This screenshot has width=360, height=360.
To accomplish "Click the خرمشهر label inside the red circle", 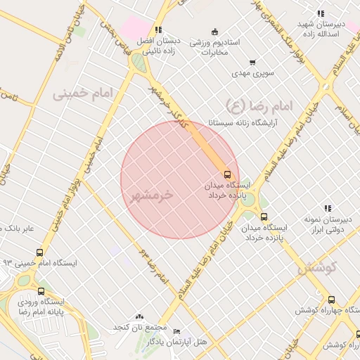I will coord(151,195).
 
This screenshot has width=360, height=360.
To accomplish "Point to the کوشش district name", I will coord(318,266).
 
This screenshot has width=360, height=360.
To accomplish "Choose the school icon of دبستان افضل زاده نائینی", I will coord(158,30).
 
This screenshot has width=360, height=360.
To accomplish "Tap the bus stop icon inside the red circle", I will coord(227,173).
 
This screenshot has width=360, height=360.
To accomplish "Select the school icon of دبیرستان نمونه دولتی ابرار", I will coord(327,208).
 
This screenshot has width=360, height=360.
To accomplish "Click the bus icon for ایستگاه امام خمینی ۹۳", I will coord(39,252).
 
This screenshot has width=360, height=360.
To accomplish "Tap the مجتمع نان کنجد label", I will coord(141,328).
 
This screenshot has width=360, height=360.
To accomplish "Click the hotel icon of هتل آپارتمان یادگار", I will coord(176,331).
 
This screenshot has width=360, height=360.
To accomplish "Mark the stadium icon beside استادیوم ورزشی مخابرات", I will coord(215,31).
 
